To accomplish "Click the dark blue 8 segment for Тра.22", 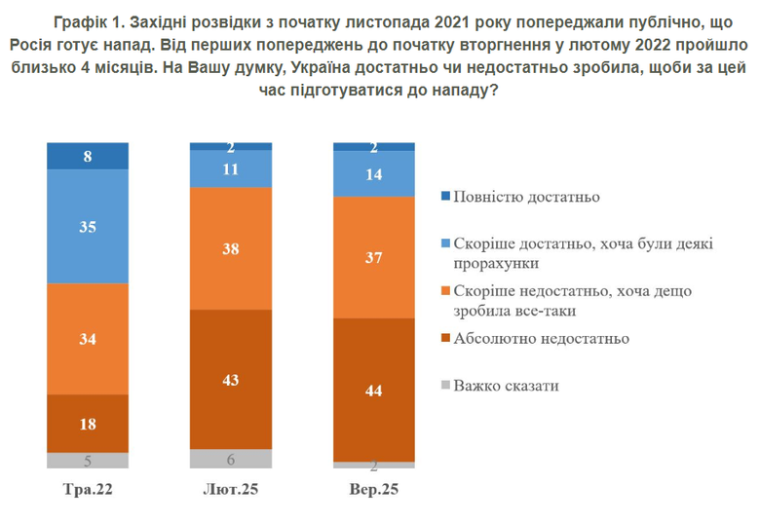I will pos(88,156).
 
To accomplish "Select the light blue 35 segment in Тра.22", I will pos(88,226).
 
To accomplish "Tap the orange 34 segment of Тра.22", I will pos(88,338).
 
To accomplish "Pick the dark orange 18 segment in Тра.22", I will pos(88,424).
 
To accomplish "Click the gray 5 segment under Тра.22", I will pos(88,462).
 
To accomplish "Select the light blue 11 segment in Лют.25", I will pos(230,168).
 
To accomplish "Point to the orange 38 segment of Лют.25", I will pos(230,247).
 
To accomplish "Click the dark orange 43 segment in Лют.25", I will pos(230,379).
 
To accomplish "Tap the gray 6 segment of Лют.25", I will pos(230,459).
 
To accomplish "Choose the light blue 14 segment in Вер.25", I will pos(374,174).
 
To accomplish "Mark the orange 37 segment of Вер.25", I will pos(374,257).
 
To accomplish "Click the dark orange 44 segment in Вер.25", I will pos(374,390).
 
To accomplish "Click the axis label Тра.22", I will pos(88,489).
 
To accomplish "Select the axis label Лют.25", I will pos(230,489).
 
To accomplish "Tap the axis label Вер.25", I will pos(374,489).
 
